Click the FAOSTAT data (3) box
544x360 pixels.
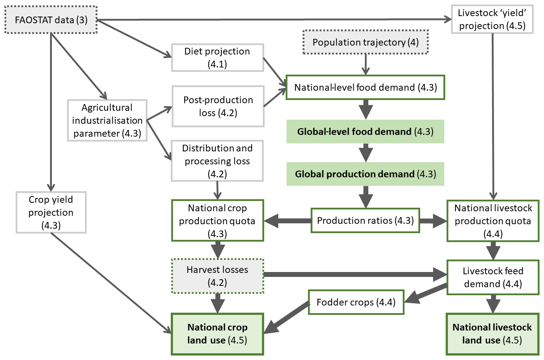pos(51,21)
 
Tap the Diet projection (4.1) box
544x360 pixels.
pos(217,57)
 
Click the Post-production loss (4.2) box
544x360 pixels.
pos(217,106)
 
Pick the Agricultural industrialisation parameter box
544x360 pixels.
pos(107,120)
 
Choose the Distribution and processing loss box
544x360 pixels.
pos(217,160)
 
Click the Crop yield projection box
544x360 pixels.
pos(51,212)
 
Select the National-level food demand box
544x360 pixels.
pos(365,87)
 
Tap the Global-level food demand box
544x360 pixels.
pos(365,131)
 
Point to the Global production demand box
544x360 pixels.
pos(365,174)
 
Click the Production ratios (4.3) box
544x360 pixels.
pos(365,220)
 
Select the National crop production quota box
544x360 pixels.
pos(218,221)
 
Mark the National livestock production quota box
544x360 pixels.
pos(493,221)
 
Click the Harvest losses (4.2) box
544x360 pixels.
pos(218,276)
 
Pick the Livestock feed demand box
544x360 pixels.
pos(493,277)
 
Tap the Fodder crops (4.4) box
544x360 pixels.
pos(356,302)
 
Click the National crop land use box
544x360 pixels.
pos(218,334)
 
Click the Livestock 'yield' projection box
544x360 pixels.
pos(493,20)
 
